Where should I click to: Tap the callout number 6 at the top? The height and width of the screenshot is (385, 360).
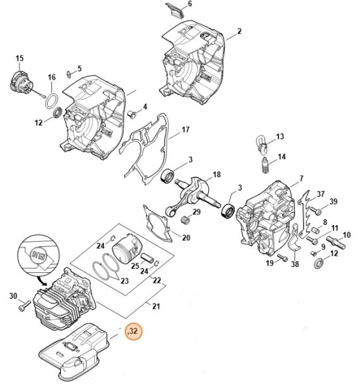[190, 5]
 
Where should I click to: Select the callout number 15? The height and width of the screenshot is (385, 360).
[19, 58]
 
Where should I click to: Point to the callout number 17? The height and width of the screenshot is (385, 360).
[186, 129]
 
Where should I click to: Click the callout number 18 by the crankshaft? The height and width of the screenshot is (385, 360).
[216, 175]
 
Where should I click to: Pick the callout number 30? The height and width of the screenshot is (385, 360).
[12, 296]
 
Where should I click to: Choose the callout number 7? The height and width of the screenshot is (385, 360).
[300, 178]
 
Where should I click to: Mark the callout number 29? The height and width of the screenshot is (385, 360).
[196, 212]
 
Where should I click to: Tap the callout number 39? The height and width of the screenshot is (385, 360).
[333, 202]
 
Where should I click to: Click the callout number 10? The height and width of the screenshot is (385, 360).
[346, 234]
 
